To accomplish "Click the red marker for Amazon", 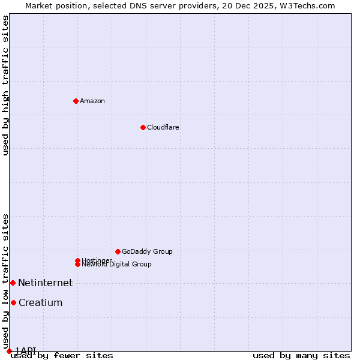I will (76, 101).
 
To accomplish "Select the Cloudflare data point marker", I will (143, 127).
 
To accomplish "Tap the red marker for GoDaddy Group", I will (118, 251).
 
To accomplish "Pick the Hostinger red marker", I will (77, 260).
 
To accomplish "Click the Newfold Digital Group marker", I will (77, 264).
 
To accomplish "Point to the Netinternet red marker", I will (13, 283).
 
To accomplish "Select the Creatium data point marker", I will (13, 302).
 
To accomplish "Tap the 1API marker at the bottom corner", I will (9, 351).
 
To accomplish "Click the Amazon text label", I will (92, 101).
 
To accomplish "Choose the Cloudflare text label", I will (163, 127).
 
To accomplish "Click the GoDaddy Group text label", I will (147, 251).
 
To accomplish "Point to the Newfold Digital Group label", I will (117, 265).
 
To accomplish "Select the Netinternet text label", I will (45, 283).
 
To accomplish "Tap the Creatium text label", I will (41, 303).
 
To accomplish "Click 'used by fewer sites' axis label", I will (62, 356).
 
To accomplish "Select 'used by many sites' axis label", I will (301, 356).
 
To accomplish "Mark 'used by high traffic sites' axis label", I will (5, 85).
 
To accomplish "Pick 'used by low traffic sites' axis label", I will (5, 281).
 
